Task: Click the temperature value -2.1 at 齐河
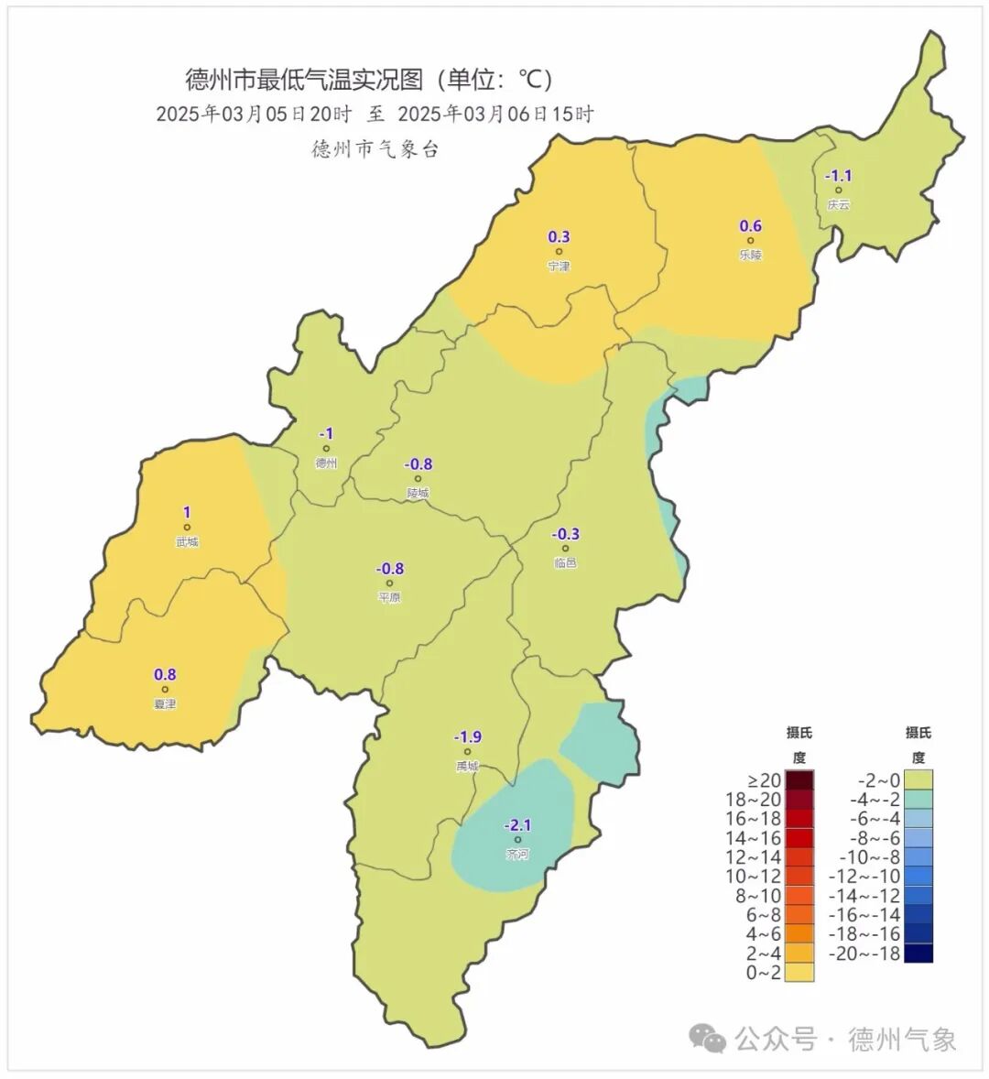(x=517, y=825)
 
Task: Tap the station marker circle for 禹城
(x=467, y=752)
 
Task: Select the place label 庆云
(x=838, y=205)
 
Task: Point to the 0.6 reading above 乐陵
(x=750, y=226)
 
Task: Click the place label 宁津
(x=559, y=266)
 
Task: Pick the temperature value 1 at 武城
(x=187, y=512)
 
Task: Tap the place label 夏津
(x=165, y=704)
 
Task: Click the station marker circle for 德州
(x=326, y=449)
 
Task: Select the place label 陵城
(x=418, y=493)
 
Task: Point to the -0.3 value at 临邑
(x=565, y=534)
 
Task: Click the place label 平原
(x=389, y=597)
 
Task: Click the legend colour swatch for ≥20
(x=799, y=780)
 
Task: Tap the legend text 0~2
(x=764, y=973)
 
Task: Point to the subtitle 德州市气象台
(x=375, y=148)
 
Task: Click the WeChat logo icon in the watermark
(x=709, y=1038)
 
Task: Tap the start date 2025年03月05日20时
(x=254, y=114)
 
